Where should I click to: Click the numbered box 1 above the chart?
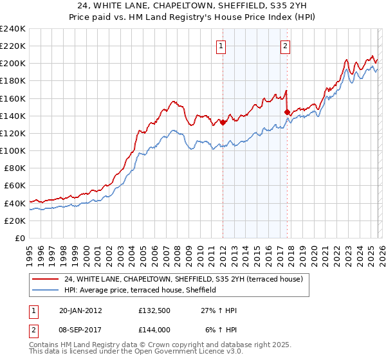[221, 46]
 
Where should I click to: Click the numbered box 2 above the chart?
[284, 46]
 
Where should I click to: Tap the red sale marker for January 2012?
[223, 122]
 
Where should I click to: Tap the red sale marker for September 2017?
[287, 112]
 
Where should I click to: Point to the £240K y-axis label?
[12, 29]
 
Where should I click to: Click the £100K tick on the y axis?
[12, 150]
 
